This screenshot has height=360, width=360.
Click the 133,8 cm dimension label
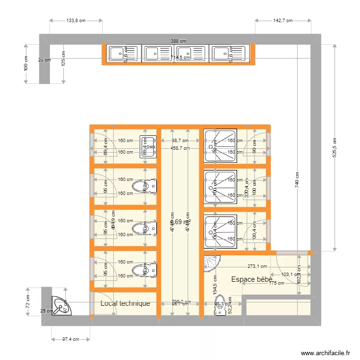point(76,21)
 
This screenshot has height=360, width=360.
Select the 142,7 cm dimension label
point(283,21)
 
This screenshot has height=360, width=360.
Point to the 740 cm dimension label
point(297,180)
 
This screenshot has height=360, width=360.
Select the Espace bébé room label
point(252,279)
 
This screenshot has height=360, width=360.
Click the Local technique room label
point(125,303)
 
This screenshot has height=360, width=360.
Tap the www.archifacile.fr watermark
point(325,353)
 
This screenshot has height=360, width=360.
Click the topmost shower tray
point(220,145)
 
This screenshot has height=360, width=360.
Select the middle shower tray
point(220,186)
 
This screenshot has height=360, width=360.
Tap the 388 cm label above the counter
point(179,42)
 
